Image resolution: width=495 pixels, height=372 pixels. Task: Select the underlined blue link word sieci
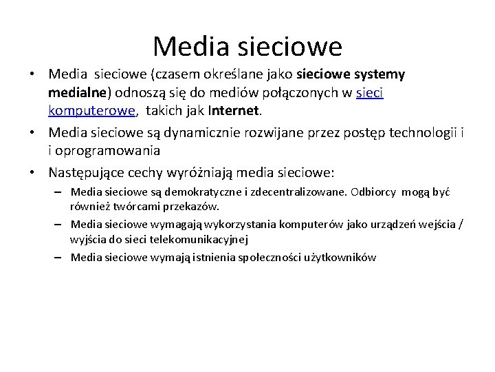click(370, 92)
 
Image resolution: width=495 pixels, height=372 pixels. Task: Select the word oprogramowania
click(109, 149)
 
